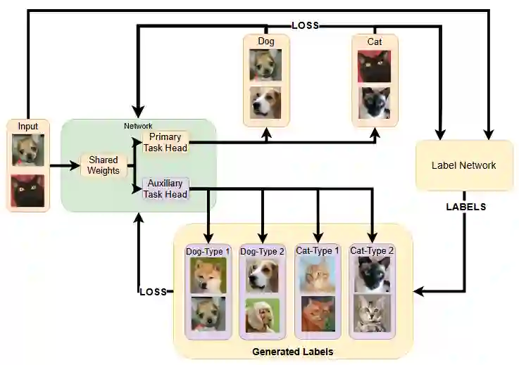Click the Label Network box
tap(463, 166)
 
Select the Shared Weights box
tap(103, 166)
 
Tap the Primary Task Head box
tap(165, 142)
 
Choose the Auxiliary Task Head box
tap(165, 188)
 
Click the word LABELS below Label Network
tap(466, 207)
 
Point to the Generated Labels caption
tap(292, 351)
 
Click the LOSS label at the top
tap(305, 25)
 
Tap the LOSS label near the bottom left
tap(152, 291)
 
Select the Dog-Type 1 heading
tap(208, 251)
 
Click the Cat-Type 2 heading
tap(372, 250)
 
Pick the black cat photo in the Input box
tap(28, 191)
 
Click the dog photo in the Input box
tap(28, 150)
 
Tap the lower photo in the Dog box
tap(265, 103)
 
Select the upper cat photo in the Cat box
tap(374, 67)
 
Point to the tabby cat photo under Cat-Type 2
tap(373, 314)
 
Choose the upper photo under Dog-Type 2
tap(263, 275)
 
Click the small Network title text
tap(138, 126)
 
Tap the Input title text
tap(28, 127)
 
